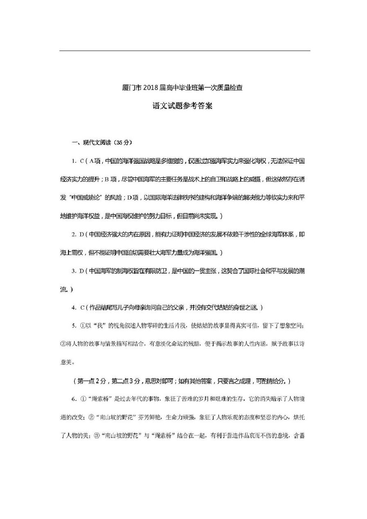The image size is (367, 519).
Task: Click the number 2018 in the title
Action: [x=149, y=88]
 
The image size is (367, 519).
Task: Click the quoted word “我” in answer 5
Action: [x=99, y=326]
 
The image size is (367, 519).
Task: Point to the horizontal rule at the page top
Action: [x=185, y=51]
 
